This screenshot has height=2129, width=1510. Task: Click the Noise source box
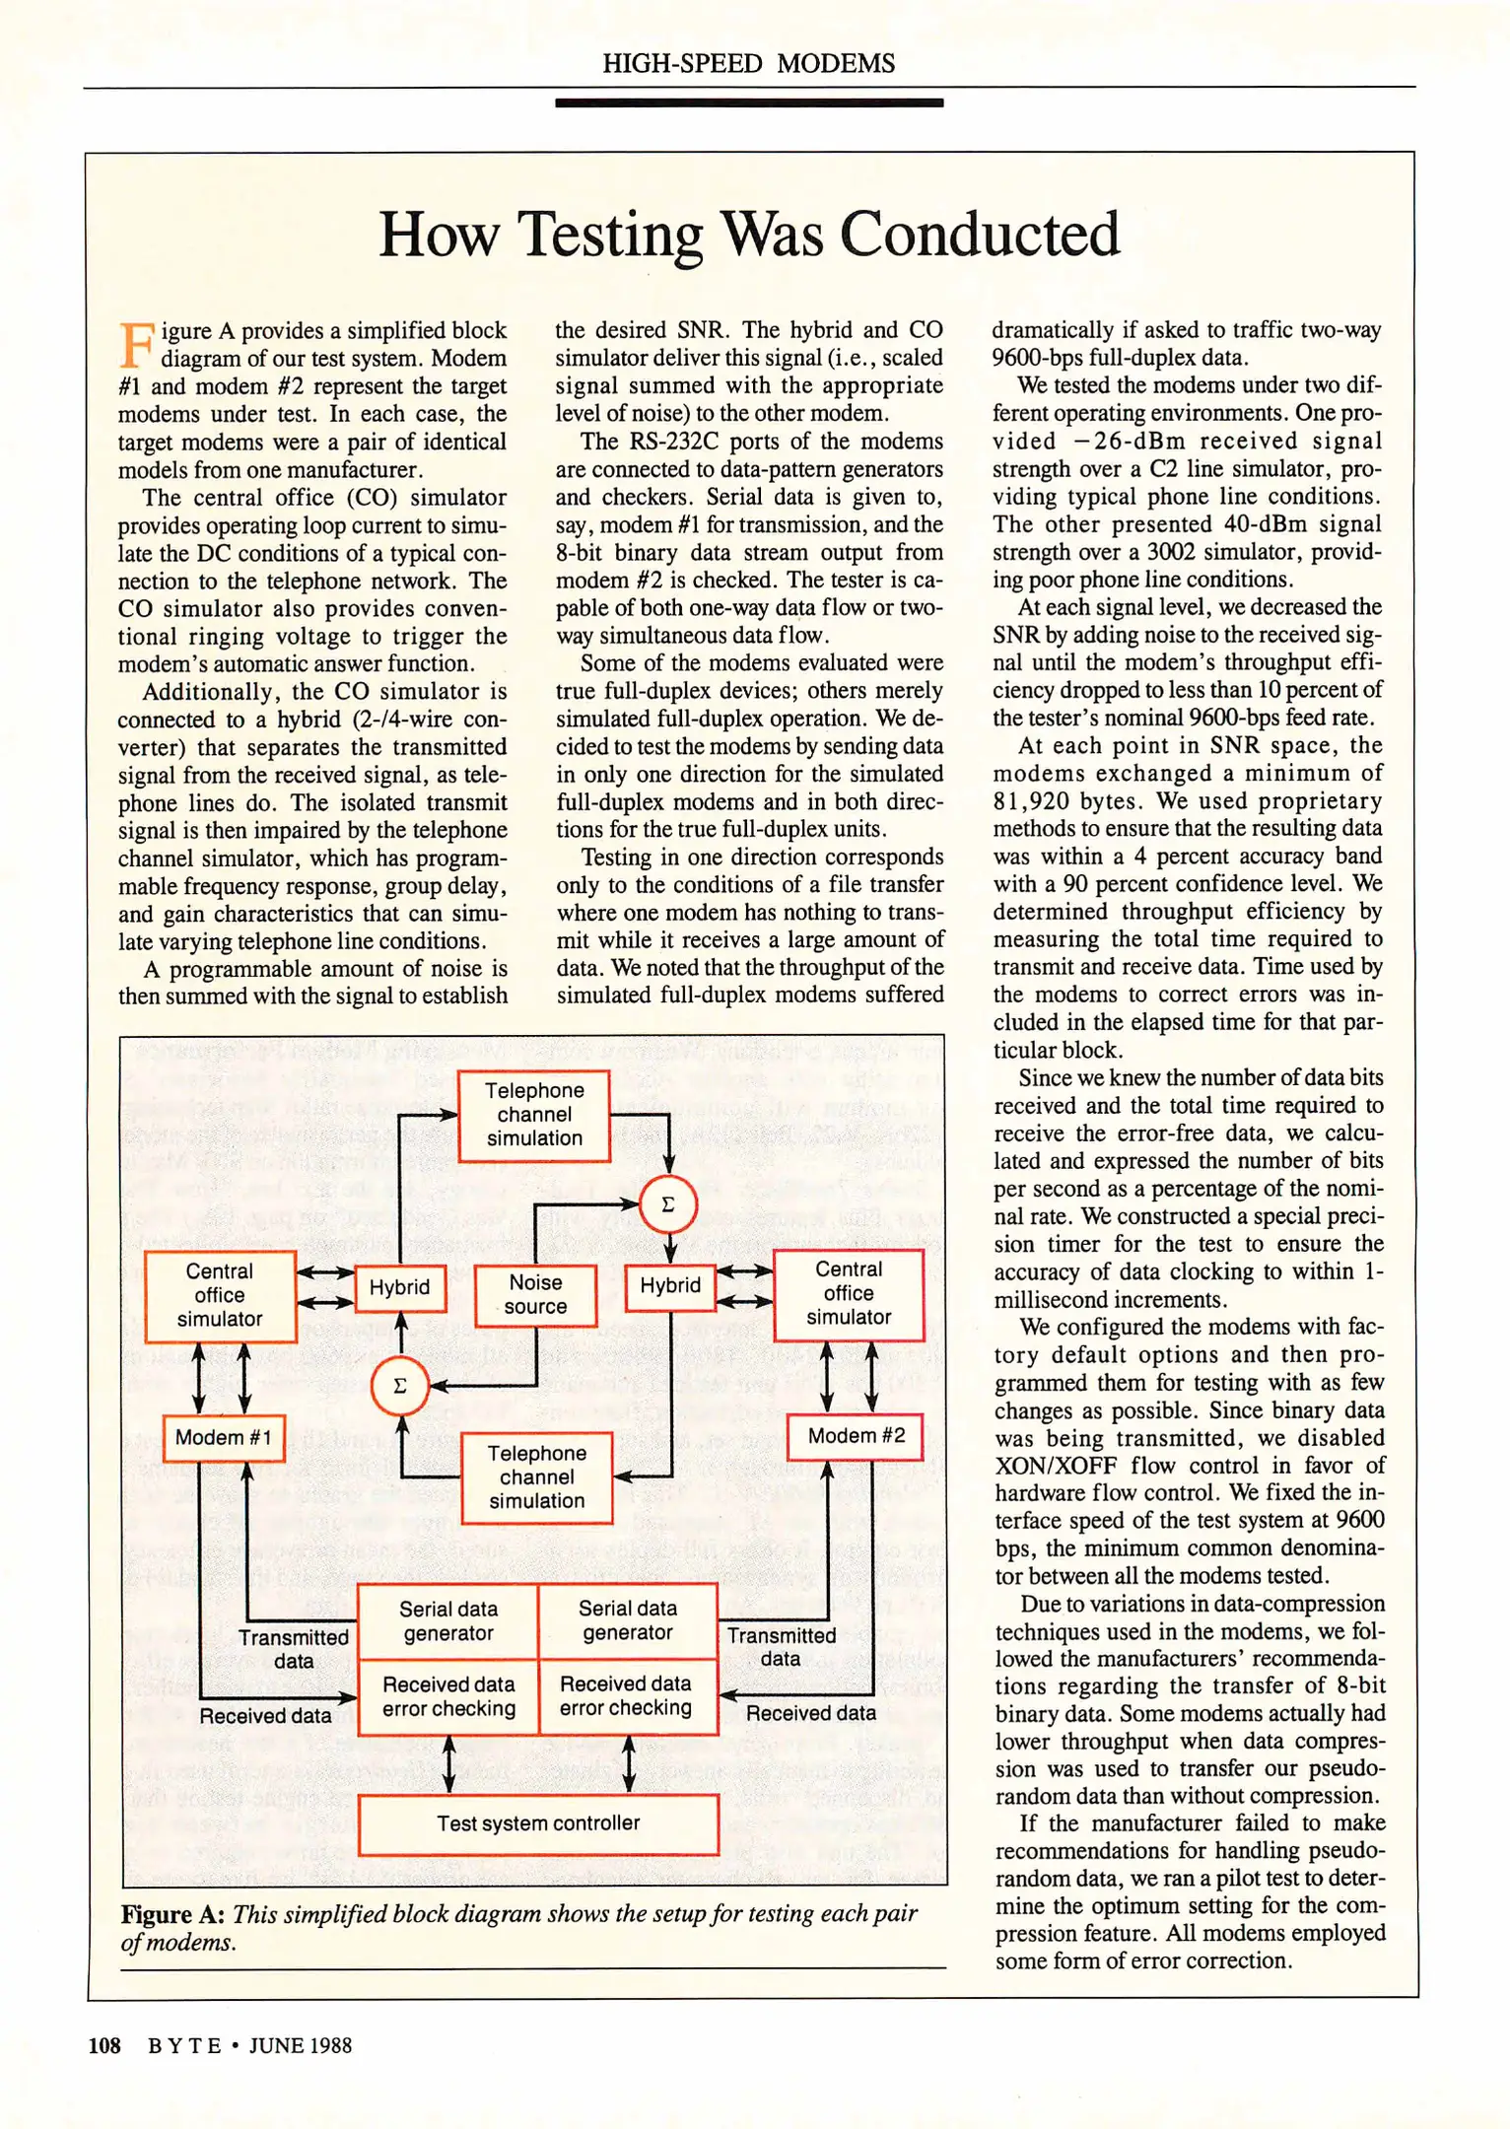pos(535,1295)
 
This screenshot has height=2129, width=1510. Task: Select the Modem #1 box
pos(224,1438)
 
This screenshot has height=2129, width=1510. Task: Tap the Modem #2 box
pos(856,1436)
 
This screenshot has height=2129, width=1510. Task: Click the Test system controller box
pos(538,1823)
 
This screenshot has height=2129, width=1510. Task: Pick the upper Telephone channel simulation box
pos(534,1115)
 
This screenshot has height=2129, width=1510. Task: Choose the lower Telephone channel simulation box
pos(537,1477)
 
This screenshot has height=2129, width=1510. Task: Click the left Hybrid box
pos(399,1287)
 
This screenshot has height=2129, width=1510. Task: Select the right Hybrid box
pos(670,1285)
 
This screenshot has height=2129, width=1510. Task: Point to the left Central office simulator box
pos(220,1295)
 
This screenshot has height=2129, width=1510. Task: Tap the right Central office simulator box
pos(849,1293)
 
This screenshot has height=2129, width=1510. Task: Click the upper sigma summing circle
pos(668,1203)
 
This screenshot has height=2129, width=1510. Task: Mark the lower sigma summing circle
pos(400,1386)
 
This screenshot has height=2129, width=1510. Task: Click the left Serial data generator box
pos(448,1621)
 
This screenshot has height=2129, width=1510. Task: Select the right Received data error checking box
pos(627,1696)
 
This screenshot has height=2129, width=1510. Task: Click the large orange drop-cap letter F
pos(136,345)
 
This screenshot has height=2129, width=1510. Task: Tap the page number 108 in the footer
pos(104,2045)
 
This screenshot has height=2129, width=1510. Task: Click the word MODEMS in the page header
pos(836,64)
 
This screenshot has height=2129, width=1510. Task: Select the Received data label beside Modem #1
pos(265,1716)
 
